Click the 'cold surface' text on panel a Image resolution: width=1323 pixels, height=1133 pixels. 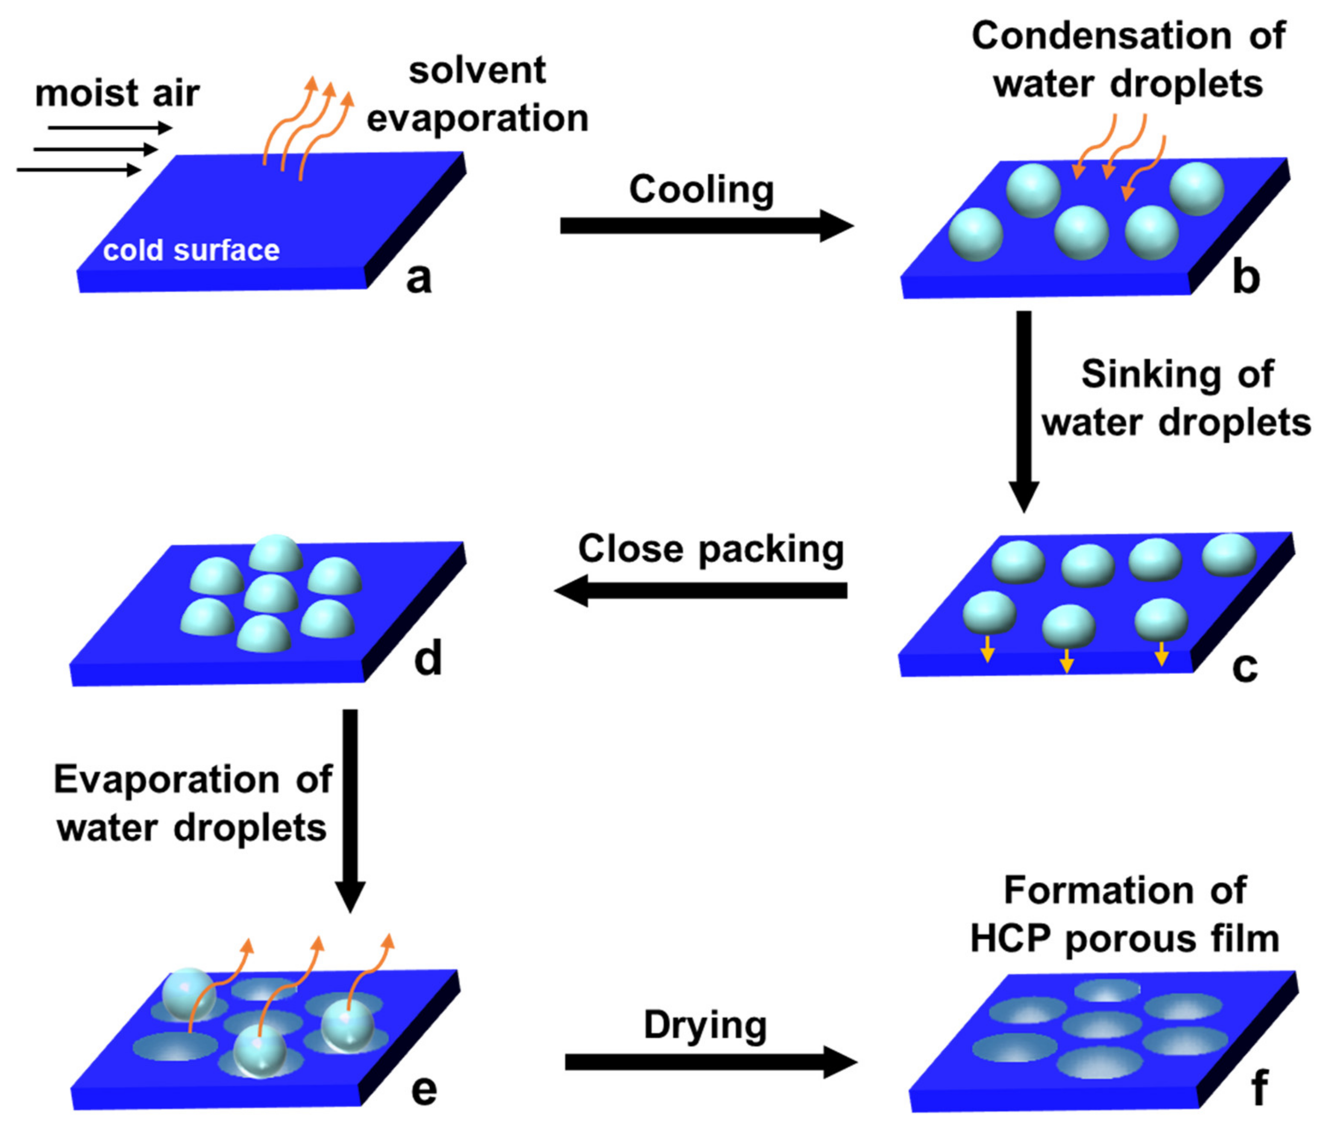pyautogui.click(x=191, y=250)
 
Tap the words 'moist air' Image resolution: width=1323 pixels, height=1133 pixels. pyautogui.click(x=117, y=93)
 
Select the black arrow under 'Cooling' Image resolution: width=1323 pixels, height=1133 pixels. pyautogui.click(x=706, y=226)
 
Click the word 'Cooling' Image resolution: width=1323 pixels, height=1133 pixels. pyautogui.click(x=701, y=190)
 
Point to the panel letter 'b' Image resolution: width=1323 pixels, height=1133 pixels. pyautogui.click(x=1246, y=277)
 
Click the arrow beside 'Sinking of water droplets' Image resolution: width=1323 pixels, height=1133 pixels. pyautogui.click(x=1024, y=409)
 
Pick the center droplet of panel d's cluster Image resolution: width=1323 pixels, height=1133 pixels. pyautogui.click(x=271, y=593)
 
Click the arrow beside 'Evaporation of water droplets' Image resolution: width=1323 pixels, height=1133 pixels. pyautogui.click(x=350, y=808)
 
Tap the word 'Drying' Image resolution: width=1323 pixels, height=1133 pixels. pyautogui.click(x=705, y=1025)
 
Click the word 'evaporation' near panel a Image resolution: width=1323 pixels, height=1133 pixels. pyautogui.click(x=478, y=119)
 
